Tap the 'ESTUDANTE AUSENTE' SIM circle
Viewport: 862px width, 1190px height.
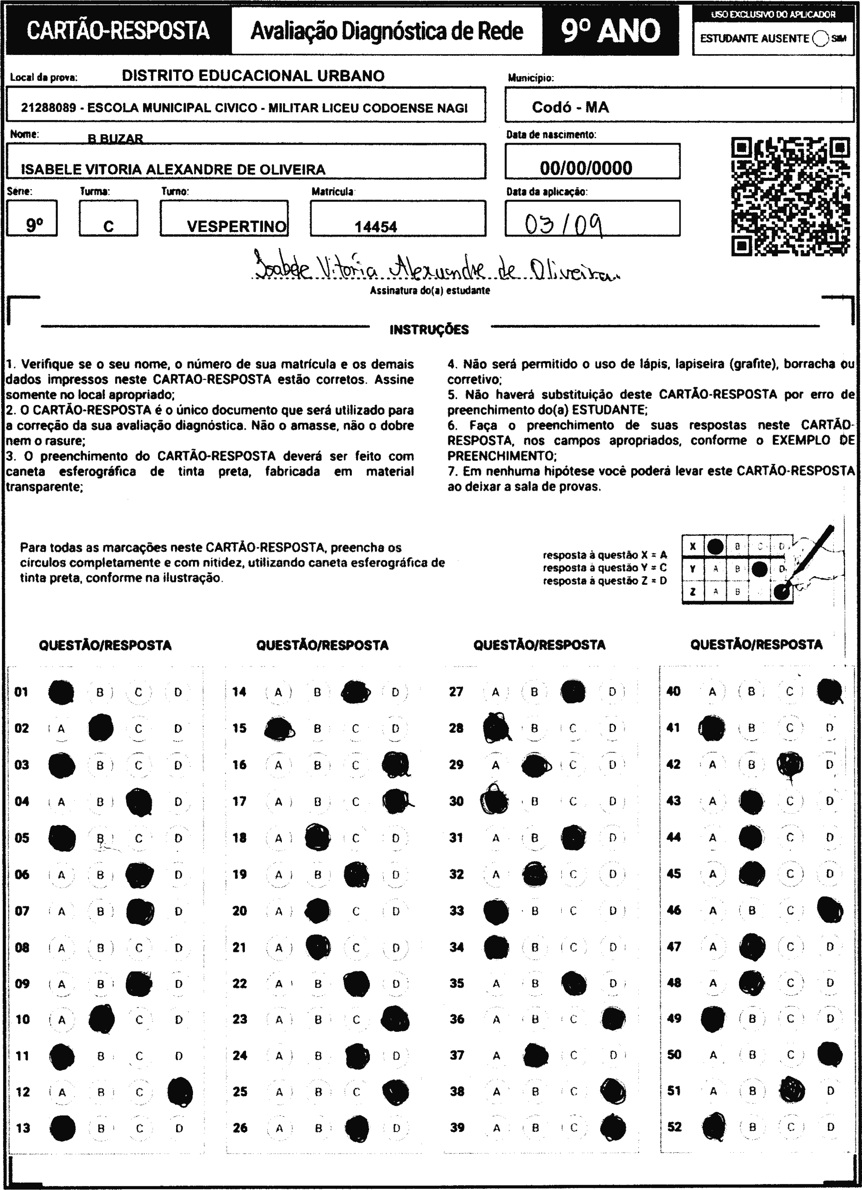point(820,38)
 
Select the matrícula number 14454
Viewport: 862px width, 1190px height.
point(376,227)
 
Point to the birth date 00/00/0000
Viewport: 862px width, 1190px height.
point(586,168)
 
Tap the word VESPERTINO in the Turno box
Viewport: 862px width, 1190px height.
point(236,227)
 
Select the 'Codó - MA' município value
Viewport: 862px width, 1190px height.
point(570,108)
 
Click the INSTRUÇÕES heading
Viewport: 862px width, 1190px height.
point(429,330)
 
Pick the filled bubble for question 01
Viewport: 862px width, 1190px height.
point(61,692)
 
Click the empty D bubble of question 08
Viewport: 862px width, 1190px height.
point(178,948)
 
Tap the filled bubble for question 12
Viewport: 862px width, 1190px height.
point(180,1092)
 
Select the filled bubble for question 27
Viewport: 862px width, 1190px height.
point(573,692)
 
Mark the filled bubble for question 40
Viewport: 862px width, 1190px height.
point(829,692)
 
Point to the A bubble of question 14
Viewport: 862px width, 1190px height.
point(278,692)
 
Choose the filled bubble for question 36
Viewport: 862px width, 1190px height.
point(613,1020)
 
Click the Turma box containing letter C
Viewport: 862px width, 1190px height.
point(108,219)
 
